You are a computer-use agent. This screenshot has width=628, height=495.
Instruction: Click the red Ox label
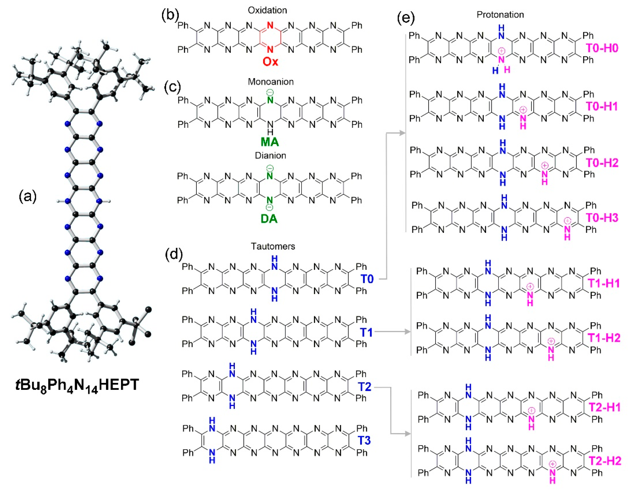270,62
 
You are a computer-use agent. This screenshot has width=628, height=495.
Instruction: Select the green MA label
270,142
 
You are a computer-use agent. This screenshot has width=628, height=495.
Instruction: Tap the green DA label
269,219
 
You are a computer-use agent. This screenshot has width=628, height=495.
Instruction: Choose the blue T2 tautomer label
364,387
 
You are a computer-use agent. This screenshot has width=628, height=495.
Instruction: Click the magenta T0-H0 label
602,48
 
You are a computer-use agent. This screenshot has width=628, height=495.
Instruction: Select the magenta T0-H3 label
602,218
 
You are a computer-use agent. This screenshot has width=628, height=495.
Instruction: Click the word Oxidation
267,10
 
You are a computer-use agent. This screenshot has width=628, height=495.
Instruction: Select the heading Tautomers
273,246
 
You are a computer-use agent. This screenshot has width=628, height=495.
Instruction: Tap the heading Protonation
500,15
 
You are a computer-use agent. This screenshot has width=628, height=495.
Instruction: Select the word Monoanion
271,82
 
